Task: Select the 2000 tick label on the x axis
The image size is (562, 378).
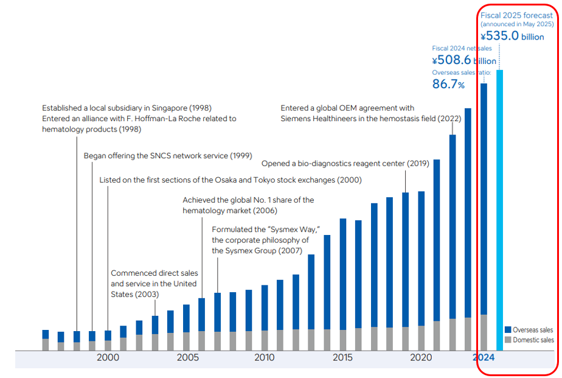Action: (108, 358)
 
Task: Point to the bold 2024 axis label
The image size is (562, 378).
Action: (484, 358)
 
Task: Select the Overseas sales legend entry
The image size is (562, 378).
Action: (533, 329)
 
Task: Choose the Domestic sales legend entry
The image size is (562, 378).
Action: (533, 340)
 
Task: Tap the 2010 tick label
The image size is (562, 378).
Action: (264, 358)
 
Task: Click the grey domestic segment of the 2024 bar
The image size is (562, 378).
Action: (484, 332)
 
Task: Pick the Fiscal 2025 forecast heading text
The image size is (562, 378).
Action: (516, 15)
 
